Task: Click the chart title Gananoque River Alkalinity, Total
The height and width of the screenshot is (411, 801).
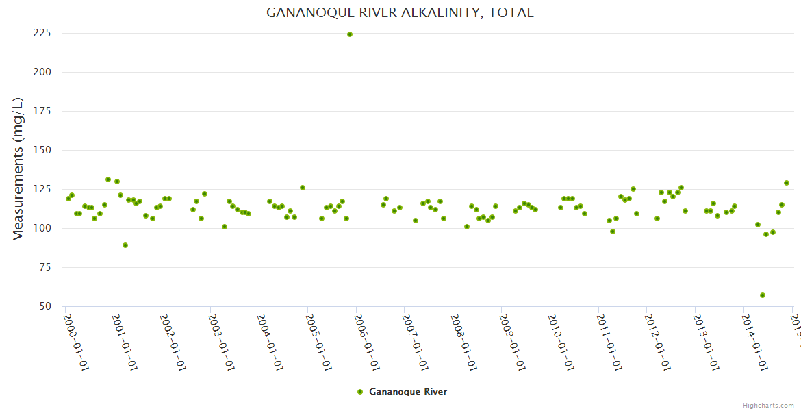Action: (400, 13)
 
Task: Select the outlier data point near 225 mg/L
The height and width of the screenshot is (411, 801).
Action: (350, 34)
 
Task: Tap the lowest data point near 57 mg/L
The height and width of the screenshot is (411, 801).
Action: (763, 295)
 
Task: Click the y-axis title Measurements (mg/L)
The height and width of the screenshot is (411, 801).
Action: (18, 169)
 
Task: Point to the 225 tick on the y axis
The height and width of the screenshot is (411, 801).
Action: (43, 33)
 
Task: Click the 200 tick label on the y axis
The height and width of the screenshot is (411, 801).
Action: (43, 72)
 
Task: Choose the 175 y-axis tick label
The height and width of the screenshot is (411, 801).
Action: (43, 111)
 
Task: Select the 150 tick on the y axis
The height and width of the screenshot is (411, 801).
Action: (43, 150)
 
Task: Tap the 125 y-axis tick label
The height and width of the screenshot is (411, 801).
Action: (43, 189)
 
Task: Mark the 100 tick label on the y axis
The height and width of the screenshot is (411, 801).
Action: (43, 228)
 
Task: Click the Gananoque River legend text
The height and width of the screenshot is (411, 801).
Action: (408, 392)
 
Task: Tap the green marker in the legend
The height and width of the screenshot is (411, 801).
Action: (360, 392)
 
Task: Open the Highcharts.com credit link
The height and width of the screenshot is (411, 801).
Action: (769, 405)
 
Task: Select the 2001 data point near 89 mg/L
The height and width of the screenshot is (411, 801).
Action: (125, 245)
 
